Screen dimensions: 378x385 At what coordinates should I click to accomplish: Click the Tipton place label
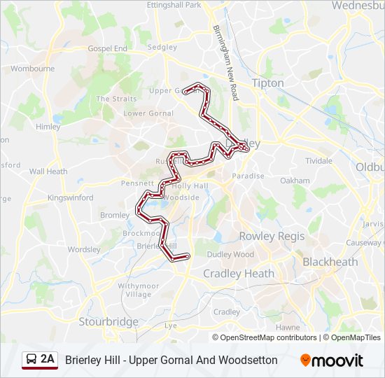click(267, 83)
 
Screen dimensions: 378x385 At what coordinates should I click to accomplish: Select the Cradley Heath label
click(239, 274)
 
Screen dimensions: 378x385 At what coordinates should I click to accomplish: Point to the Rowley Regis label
click(272, 236)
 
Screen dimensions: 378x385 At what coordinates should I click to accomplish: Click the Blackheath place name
click(330, 262)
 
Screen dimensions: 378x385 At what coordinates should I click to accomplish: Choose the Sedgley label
click(162, 47)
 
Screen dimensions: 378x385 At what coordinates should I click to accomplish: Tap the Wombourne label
click(32, 69)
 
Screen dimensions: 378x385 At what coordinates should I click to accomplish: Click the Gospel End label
click(108, 48)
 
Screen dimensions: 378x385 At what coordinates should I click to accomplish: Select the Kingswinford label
click(70, 197)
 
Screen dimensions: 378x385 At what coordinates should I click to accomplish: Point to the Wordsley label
click(85, 249)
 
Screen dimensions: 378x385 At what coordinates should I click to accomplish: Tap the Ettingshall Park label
click(174, 5)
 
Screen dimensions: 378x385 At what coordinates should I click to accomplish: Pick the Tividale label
click(318, 160)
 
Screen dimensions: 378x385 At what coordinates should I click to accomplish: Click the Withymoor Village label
click(134, 290)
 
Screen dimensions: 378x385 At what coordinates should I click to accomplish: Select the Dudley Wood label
click(230, 254)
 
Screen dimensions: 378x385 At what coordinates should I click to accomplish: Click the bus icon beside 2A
click(31, 359)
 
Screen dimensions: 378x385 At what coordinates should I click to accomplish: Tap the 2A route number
click(48, 358)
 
